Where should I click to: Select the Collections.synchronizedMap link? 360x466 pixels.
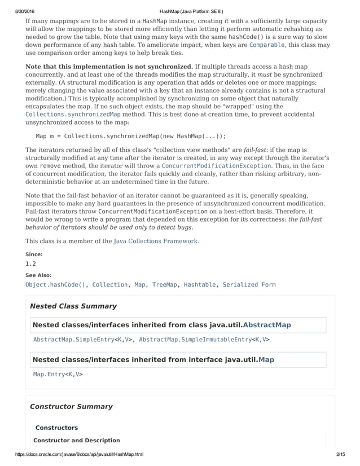pyautogui.click(x=73, y=115)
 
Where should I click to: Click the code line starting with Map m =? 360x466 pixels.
pyautogui.click(x=131, y=136)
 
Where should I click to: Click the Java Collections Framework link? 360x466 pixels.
pyautogui.click(x=155, y=241)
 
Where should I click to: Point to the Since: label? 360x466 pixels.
pyautogui.click(x=34, y=254)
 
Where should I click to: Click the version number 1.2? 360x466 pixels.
pyautogui.click(x=31, y=263)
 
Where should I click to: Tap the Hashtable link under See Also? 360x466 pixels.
pyautogui.click(x=199, y=285)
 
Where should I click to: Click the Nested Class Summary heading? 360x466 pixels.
pyautogui.click(x=73, y=306)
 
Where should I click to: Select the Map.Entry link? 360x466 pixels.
pyautogui.click(x=49, y=374)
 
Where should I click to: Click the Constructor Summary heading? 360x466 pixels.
pyautogui.click(x=71, y=406)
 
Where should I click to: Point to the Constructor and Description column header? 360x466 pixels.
pyautogui.click(x=77, y=440)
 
